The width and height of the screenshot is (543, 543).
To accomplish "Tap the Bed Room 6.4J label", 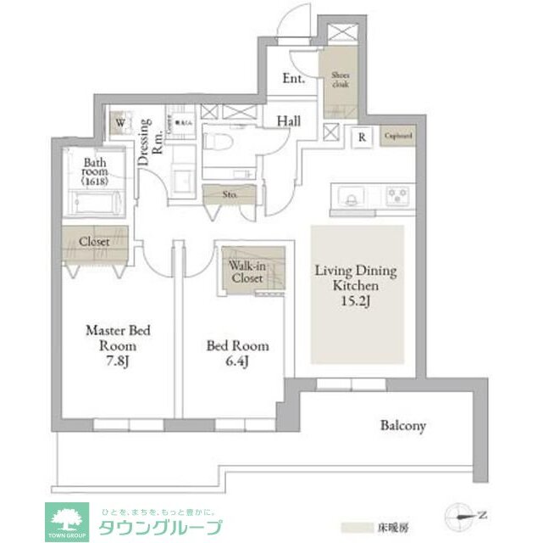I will click(238, 353).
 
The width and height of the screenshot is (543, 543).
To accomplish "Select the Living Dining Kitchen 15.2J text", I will click(356, 286).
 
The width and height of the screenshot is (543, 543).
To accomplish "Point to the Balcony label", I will click(402, 425).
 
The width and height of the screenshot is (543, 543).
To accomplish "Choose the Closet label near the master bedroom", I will click(94, 242).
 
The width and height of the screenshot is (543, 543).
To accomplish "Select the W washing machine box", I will click(120, 122).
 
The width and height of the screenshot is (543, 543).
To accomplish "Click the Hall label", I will click(289, 121).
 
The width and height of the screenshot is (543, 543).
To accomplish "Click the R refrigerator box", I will click(362, 136).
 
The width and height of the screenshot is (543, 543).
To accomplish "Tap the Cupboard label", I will click(397, 135).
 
